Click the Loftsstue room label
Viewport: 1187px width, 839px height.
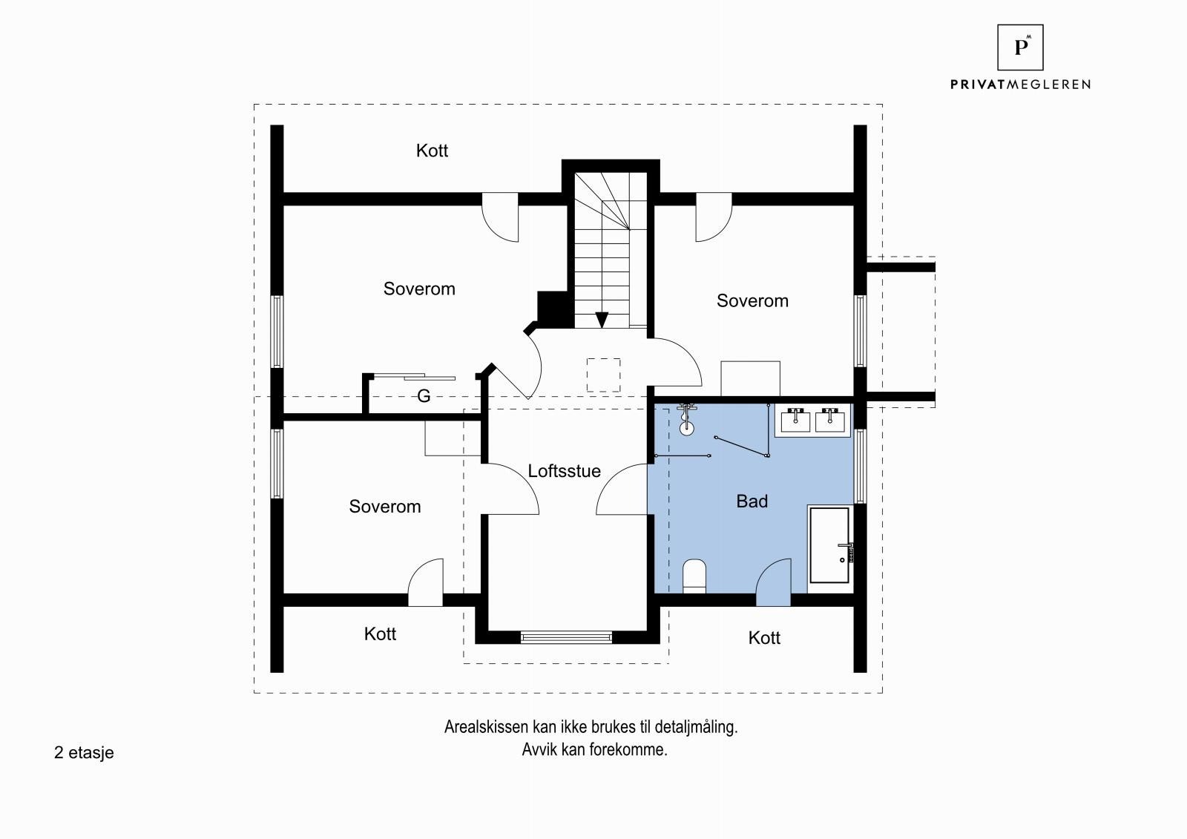[x=564, y=470]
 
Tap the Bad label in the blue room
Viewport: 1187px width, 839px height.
[x=752, y=501]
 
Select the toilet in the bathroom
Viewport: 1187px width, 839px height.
[x=694, y=576]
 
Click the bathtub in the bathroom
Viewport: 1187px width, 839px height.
[x=830, y=545]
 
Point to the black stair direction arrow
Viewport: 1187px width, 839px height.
[x=602, y=320]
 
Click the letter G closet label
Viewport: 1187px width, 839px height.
[x=424, y=396]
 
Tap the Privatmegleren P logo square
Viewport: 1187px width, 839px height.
[x=1020, y=47]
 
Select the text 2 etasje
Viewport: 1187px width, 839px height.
[x=84, y=753]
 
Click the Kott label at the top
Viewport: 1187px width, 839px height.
[x=432, y=151]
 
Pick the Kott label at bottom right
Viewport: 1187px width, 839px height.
[x=764, y=638]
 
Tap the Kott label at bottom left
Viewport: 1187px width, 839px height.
[x=380, y=634]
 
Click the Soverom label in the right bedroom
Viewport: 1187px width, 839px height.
[x=752, y=300]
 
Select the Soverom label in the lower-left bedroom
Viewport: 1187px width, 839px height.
[x=385, y=506]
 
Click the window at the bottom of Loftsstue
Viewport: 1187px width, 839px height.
[x=566, y=637]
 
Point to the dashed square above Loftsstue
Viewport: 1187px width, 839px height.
[x=604, y=375]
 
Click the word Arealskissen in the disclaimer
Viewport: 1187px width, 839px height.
[x=485, y=727]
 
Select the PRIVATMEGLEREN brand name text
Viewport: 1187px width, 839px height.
[x=1020, y=85]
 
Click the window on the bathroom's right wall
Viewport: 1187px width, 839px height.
[x=860, y=466]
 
